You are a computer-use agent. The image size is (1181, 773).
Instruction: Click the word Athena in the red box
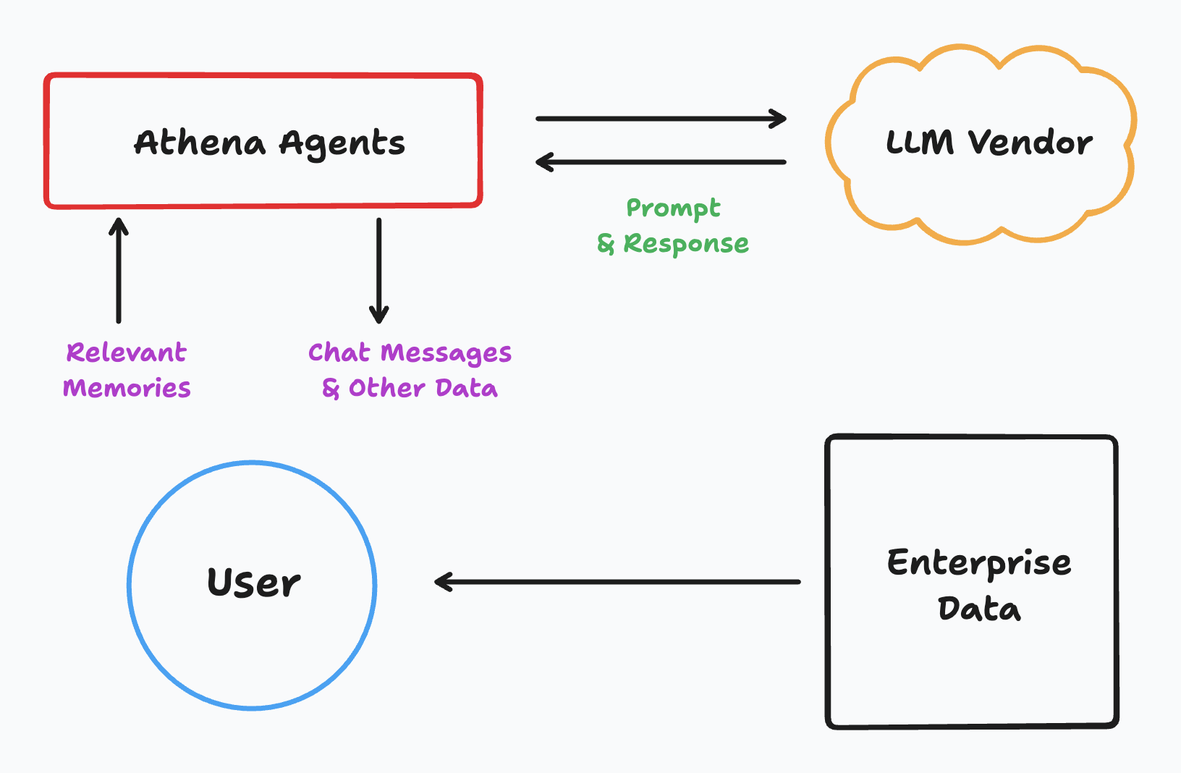point(200,143)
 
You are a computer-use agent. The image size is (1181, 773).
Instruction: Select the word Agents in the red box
point(342,144)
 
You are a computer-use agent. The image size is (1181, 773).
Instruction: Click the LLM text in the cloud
point(920,143)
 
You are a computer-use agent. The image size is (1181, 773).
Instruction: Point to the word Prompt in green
point(673,209)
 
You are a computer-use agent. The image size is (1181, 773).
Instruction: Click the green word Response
point(686,244)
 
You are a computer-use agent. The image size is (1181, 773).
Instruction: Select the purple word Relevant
point(127,352)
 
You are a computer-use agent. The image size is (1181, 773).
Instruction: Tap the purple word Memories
point(127,388)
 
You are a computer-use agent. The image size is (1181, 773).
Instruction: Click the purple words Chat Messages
point(410,353)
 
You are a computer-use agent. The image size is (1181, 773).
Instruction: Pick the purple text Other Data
point(423,388)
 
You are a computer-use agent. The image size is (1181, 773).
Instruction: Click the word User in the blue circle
point(253,583)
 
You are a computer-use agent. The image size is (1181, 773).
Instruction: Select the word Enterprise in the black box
point(979,563)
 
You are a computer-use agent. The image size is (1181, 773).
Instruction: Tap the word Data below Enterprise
point(979,609)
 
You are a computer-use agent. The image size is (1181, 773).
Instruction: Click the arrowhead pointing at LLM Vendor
point(779,119)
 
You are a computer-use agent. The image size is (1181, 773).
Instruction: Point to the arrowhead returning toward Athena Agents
point(543,162)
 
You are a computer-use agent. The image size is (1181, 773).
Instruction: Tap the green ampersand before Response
point(605,245)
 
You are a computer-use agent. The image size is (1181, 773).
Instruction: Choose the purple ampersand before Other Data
point(331,389)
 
